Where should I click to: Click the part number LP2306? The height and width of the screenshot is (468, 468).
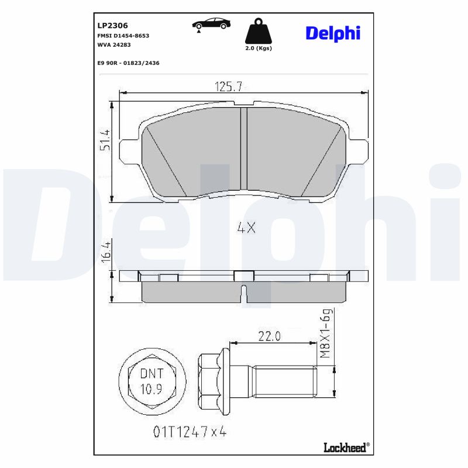112,25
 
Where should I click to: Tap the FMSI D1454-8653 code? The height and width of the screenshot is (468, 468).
123,36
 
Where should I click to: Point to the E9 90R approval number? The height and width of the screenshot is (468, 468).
128,63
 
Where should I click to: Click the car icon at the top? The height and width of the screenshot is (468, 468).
211,24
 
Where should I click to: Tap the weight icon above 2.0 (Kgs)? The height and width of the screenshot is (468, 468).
257,32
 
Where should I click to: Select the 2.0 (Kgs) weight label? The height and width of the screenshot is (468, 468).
257,49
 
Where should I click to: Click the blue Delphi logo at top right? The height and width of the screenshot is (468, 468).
332,33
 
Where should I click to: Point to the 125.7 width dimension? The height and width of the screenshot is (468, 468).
229,87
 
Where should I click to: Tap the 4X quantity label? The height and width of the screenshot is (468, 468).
246,229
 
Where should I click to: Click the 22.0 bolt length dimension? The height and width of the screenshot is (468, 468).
270,336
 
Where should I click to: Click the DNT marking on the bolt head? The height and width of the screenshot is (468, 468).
152,373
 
